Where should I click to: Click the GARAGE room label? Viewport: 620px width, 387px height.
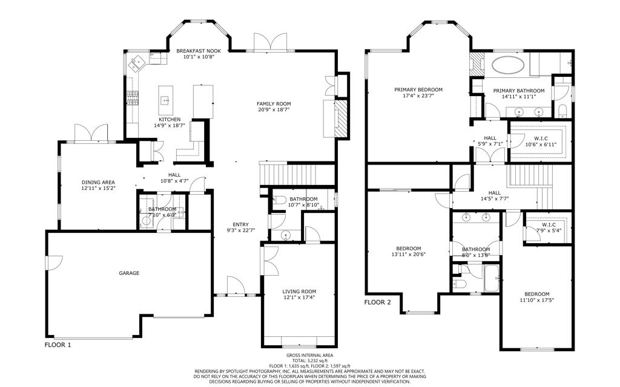(x=129, y=273)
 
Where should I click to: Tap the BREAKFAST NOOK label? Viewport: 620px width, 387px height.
(x=199, y=51)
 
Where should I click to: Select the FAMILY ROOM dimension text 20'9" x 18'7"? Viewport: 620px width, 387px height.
(x=274, y=110)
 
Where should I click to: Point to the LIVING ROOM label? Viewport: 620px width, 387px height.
(x=299, y=291)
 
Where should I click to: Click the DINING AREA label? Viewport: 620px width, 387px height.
(x=98, y=183)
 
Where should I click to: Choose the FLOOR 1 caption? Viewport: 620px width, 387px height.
(x=58, y=345)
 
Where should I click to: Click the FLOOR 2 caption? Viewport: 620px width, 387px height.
(x=377, y=302)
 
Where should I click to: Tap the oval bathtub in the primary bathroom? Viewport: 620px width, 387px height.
(x=508, y=65)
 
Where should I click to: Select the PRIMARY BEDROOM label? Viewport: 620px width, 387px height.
(x=418, y=89)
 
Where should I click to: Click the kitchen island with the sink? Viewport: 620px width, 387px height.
(x=166, y=100)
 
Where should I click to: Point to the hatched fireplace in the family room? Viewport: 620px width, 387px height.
(x=340, y=119)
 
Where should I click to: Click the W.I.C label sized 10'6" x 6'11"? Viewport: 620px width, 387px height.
(x=541, y=138)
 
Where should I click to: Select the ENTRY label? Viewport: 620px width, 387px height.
(x=241, y=225)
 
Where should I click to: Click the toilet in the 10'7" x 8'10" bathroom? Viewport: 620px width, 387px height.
(x=280, y=200)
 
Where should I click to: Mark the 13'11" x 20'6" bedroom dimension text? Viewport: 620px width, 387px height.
(x=409, y=255)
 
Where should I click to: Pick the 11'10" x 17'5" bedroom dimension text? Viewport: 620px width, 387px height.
(x=537, y=300)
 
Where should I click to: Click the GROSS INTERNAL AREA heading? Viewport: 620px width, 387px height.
(x=309, y=356)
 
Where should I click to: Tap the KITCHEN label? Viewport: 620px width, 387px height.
(x=170, y=120)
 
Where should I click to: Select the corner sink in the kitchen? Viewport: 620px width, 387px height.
(x=137, y=63)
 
